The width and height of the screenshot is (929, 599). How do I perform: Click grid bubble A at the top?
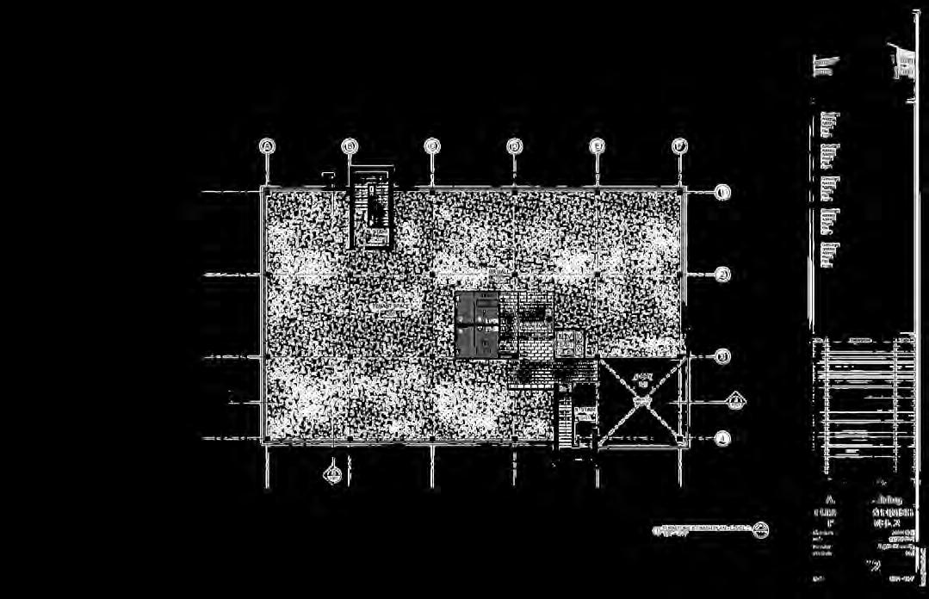[268, 146]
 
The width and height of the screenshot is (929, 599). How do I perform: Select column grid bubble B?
[350, 146]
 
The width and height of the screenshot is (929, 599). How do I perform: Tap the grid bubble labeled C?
[432, 146]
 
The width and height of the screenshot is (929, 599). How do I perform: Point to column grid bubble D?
[514, 146]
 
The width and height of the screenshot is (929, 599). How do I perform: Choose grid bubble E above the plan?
[597, 146]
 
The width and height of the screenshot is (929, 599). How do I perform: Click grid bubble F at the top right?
[679, 146]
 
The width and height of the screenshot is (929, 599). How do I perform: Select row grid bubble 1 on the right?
[723, 192]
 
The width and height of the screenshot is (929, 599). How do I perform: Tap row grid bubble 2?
[723, 275]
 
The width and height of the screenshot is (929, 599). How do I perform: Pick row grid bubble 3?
[723, 356]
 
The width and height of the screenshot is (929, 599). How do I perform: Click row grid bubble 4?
[723, 438]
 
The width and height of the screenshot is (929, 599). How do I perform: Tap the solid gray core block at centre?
[477, 324]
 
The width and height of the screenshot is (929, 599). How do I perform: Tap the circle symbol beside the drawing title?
[760, 530]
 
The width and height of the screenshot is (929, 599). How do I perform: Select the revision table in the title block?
[861, 396]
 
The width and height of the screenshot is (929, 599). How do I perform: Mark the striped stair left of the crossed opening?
[565, 417]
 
